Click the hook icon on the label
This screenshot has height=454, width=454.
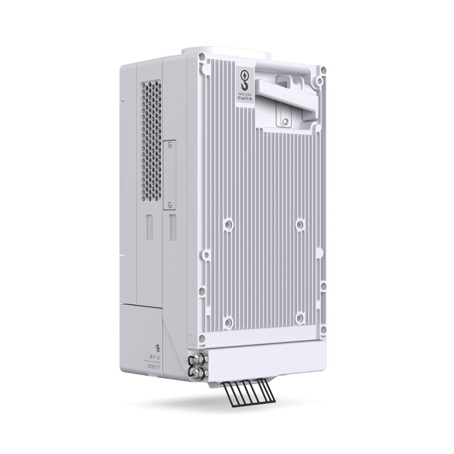click(x=245, y=81)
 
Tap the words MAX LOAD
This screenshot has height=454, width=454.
click(x=245, y=95)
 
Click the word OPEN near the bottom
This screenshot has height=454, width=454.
click(x=151, y=367)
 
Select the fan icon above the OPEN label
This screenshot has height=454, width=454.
click(x=151, y=357)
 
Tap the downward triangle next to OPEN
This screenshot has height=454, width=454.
click(x=158, y=367)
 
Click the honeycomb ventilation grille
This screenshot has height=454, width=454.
click(x=151, y=140)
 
